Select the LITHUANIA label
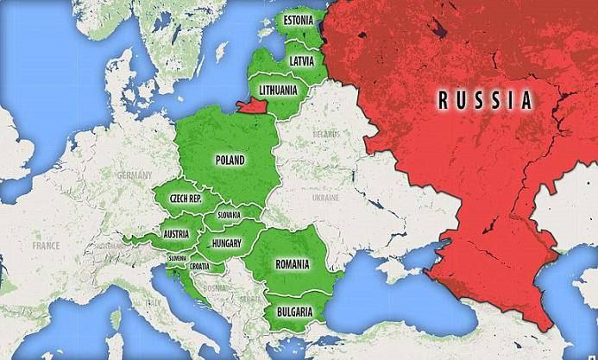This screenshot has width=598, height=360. pos(278,88)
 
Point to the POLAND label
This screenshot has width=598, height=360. pos(230,160)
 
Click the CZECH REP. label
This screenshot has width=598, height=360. pos(186,198)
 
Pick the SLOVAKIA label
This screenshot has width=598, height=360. pos(229,214)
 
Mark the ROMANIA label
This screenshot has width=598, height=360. pos(292,262)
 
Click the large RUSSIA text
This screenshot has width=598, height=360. pos(483,99)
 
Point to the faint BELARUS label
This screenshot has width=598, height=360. pos(325,135)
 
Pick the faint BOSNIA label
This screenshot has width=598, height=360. pos(215,287)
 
